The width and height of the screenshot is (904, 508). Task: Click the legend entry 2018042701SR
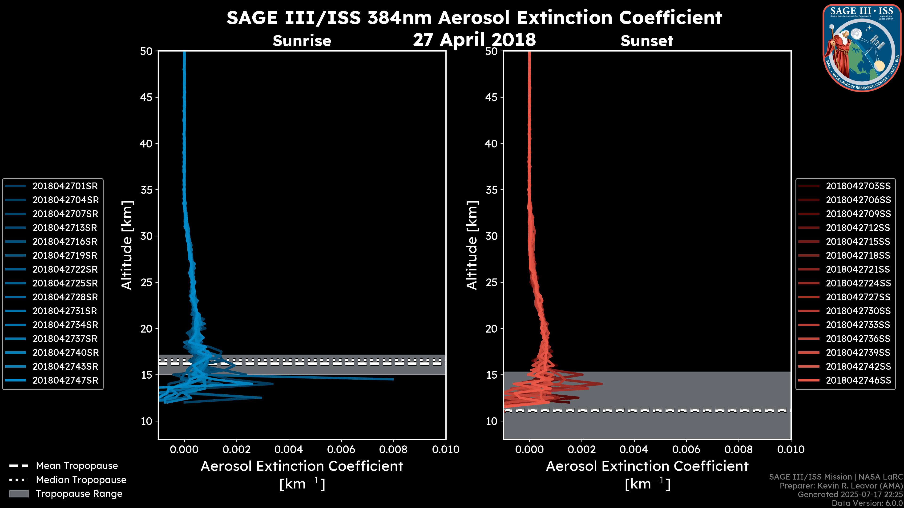(x=65, y=186)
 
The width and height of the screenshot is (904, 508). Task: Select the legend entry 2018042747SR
(x=65, y=380)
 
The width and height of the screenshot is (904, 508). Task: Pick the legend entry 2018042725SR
(x=65, y=283)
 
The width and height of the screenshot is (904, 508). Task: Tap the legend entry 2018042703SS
(x=858, y=186)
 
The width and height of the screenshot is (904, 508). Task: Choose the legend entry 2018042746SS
(x=858, y=380)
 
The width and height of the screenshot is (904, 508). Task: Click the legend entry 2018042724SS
(x=858, y=283)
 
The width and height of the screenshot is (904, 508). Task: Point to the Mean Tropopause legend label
(x=77, y=466)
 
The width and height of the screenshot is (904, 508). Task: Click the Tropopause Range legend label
(x=79, y=494)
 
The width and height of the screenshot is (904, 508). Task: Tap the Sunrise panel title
(x=302, y=41)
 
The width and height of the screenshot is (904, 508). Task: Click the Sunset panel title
(x=647, y=41)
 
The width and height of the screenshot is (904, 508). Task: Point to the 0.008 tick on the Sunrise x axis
(x=393, y=449)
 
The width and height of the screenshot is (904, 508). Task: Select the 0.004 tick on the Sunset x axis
(x=634, y=449)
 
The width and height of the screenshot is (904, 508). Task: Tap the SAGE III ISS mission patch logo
(x=862, y=48)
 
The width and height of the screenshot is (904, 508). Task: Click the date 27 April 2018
(x=474, y=40)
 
